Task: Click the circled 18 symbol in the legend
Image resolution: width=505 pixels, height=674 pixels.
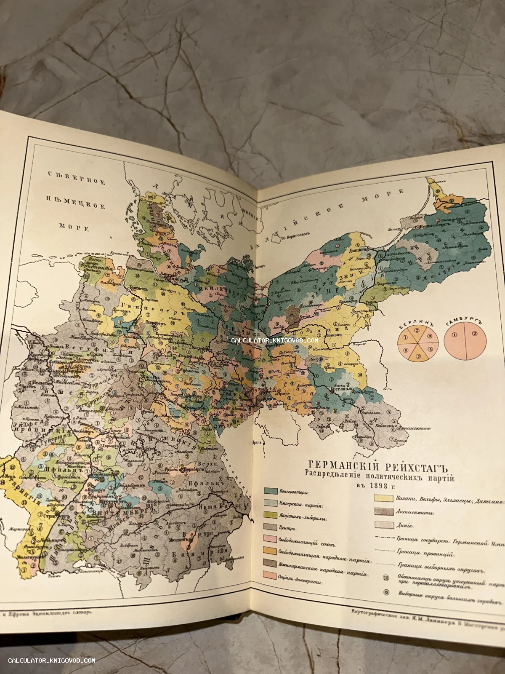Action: (x=385, y=578)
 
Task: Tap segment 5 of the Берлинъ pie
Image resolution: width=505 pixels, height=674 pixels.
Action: (x=418, y=356)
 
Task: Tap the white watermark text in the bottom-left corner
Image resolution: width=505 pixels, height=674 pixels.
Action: (x=52, y=661)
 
